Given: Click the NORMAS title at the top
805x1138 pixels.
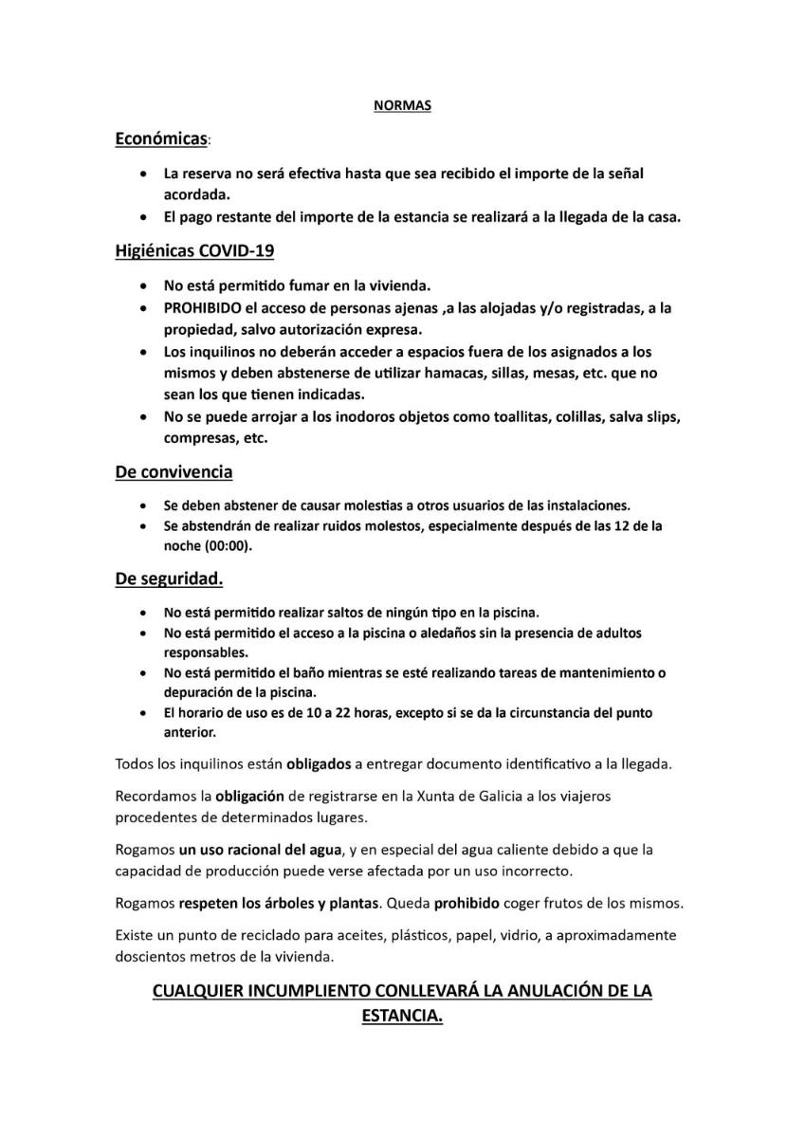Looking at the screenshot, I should (x=402, y=106).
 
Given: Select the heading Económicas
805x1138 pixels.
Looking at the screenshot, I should (x=161, y=139).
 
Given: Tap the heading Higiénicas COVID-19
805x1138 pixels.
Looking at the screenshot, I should (x=195, y=251).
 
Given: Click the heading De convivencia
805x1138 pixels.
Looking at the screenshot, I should (x=174, y=471).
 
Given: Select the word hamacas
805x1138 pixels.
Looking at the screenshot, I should (x=521, y=373).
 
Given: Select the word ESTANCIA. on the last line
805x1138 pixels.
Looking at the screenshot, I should (x=402, y=1015).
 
